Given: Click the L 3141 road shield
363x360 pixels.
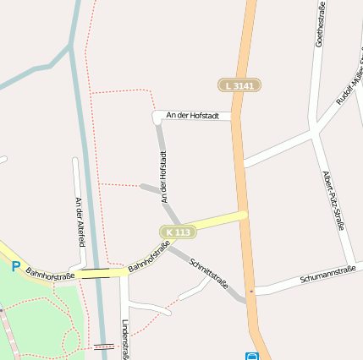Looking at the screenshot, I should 239,85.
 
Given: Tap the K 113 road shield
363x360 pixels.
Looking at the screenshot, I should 179,232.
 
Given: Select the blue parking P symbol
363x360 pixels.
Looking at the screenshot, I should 15,265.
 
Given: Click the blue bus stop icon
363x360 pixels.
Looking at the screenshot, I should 251,357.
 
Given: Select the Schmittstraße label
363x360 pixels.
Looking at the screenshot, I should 209,272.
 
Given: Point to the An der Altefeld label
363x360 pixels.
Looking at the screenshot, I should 80,221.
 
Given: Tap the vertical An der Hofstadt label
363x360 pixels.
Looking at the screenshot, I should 163,177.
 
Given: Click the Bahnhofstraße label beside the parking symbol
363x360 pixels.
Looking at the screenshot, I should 50,274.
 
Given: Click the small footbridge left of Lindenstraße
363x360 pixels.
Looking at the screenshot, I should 103,346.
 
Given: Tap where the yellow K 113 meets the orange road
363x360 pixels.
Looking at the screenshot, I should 243,215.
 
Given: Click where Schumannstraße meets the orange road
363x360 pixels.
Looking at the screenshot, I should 251,292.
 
